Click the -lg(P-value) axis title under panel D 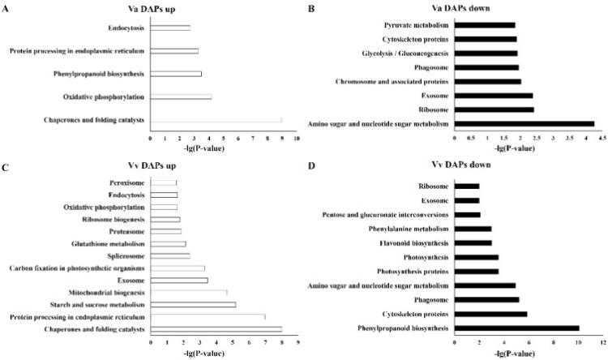pyautogui.click(x=529, y=354)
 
